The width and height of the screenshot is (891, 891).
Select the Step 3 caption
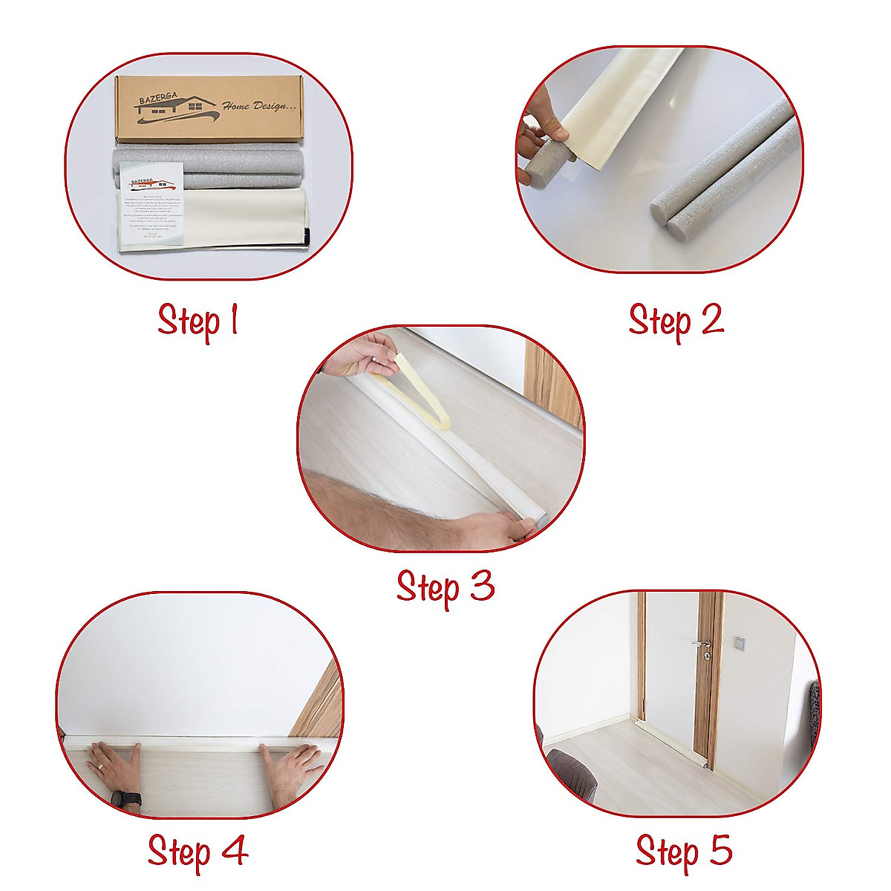(445, 587)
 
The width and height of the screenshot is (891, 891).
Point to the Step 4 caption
(198, 851)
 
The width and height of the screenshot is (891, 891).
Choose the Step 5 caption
(683, 851)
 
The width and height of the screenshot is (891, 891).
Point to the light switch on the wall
(740, 642)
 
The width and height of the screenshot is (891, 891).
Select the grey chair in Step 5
(572, 776)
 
